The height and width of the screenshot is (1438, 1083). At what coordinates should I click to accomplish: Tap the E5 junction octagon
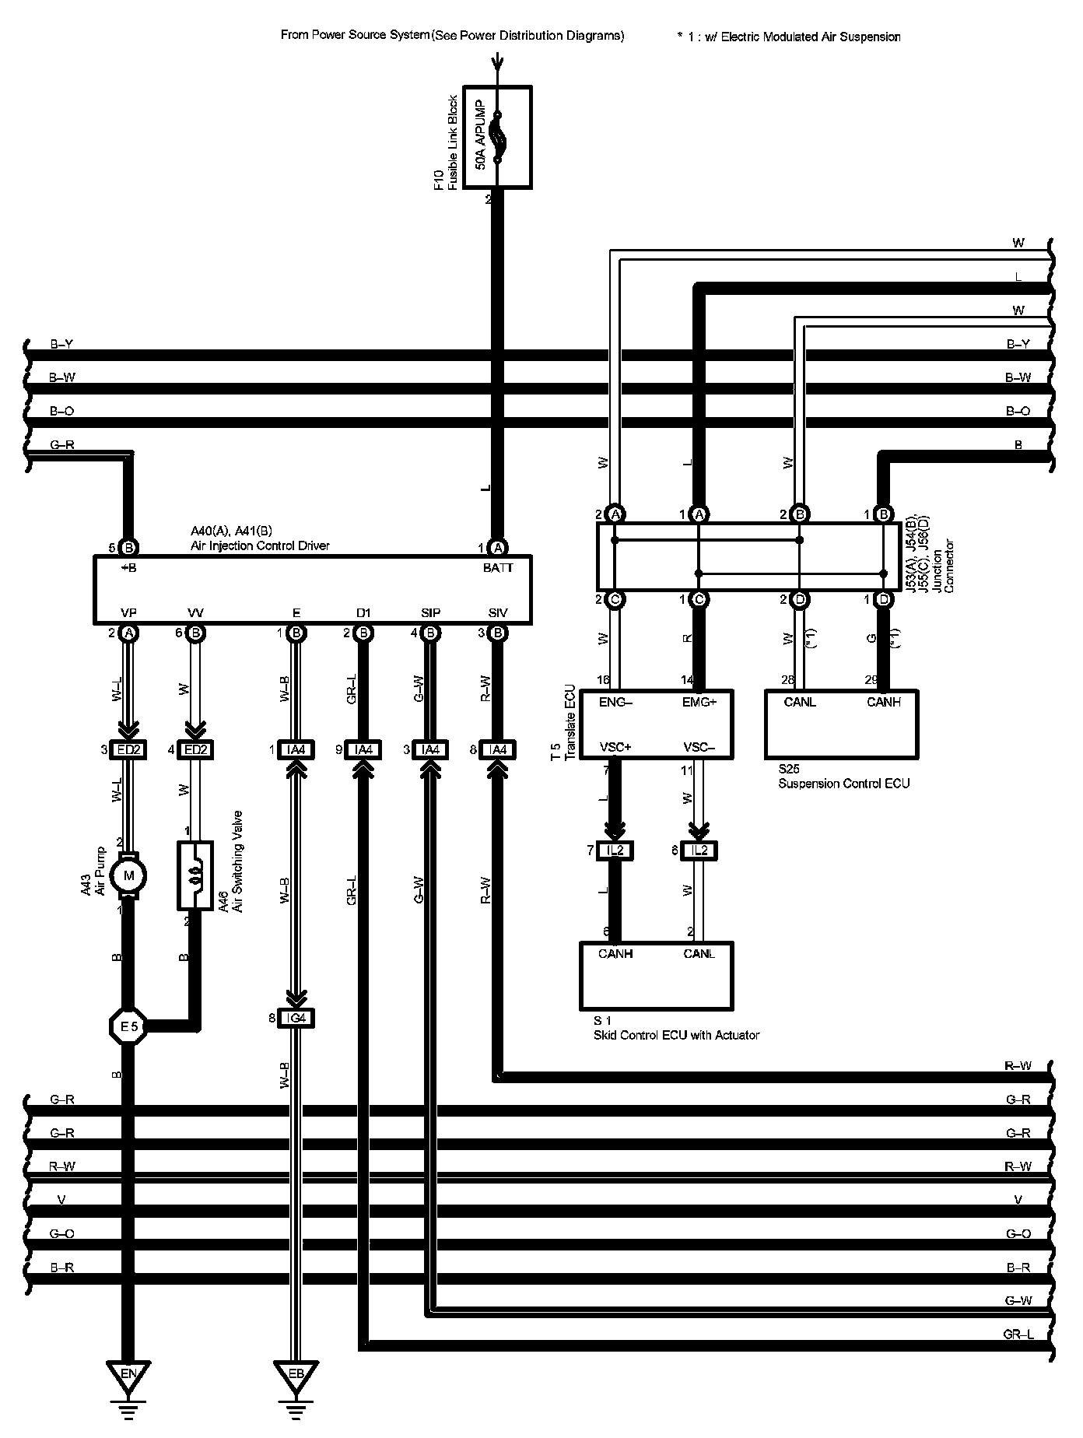pyautogui.click(x=128, y=1027)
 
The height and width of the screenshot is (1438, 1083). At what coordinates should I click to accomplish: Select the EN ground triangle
pyautogui.click(x=128, y=1374)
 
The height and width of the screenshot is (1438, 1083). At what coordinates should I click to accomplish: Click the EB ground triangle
pyautogui.click(x=296, y=1374)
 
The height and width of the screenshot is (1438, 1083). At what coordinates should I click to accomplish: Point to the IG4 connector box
pyautogui.click(x=296, y=1018)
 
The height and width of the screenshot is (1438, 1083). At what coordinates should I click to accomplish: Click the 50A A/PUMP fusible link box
pyautogui.click(x=497, y=137)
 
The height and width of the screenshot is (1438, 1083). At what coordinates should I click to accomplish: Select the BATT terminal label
pyautogui.click(x=497, y=568)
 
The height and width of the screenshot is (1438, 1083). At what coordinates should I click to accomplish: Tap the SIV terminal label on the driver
pyautogui.click(x=497, y=613)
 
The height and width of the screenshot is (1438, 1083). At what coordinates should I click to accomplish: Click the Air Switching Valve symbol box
pyautogui.click(x=195, y=875)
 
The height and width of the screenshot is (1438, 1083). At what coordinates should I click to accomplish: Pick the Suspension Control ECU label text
pyautogui.click(x=843, y=784)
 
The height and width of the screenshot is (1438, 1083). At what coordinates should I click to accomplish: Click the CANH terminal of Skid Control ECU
pyautogui.click(x=615, y=954)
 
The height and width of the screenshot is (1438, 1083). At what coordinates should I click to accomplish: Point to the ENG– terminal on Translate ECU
pyautogui.click(x=616, y=702)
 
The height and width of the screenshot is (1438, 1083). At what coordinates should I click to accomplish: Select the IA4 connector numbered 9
pyautogui.click(x=363, y=749)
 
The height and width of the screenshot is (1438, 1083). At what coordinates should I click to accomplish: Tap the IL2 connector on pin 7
pyautogui.click(x=615, y=851)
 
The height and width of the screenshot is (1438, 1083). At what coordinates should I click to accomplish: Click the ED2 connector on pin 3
pyautogui.click(x=129, y=749)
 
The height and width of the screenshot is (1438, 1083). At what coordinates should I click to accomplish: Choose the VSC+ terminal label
pyautogui.click(x=615, y=747)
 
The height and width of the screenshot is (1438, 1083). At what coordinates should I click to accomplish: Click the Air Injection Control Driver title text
pyautogui.click(x=260, y=545)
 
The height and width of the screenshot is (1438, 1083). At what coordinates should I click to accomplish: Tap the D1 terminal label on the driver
pyautogui.click(x=363, y=613)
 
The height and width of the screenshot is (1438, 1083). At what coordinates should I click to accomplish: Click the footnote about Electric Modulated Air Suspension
pyautogui.click(x=789, y=37)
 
